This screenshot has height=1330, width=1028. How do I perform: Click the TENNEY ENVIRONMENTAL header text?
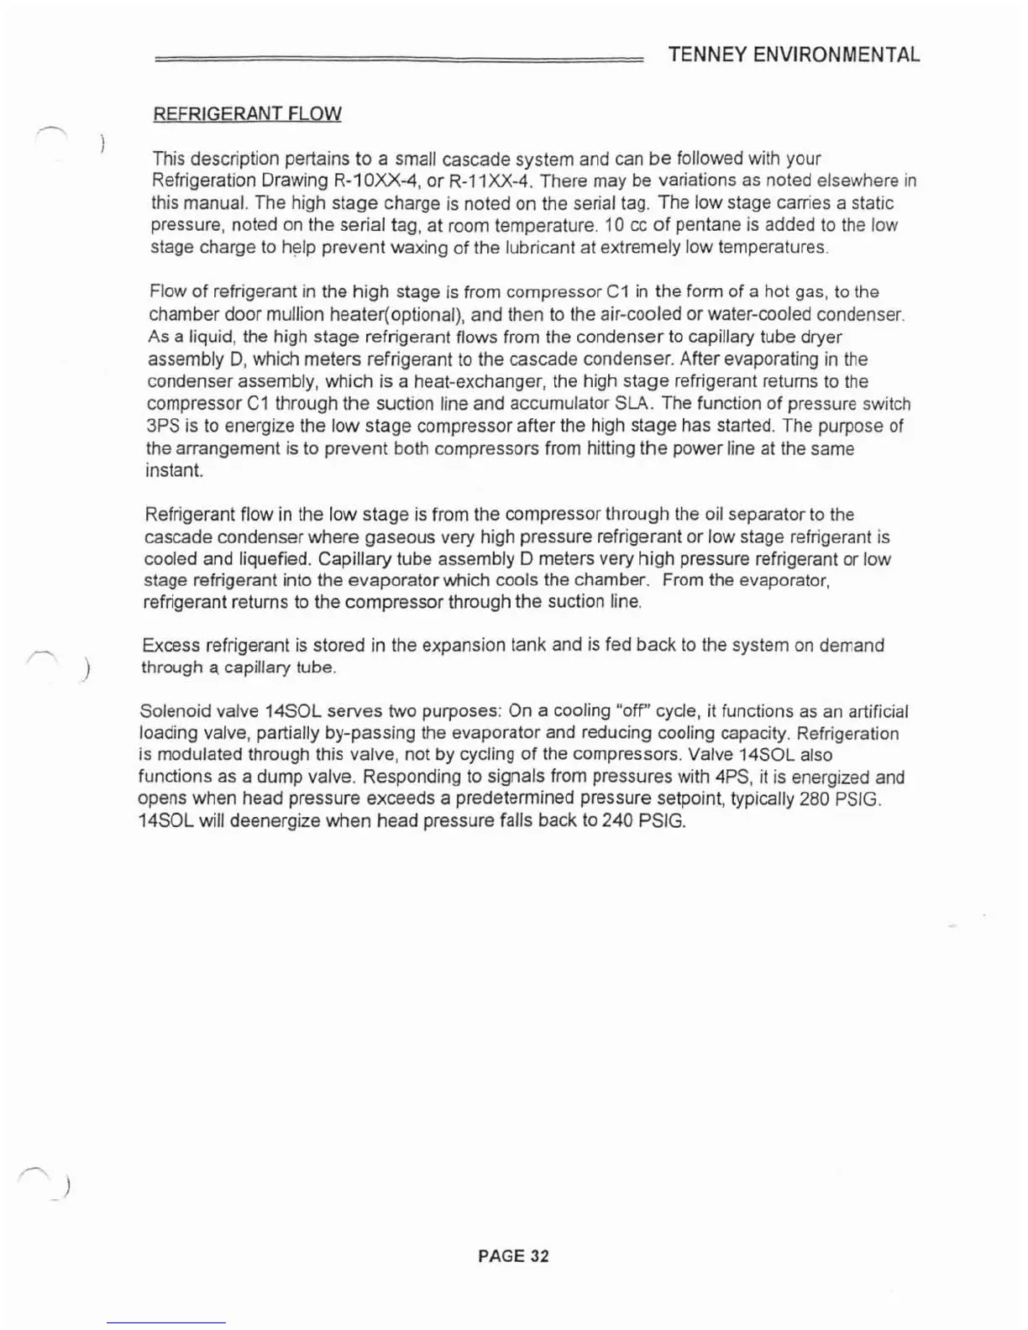[x=794, y=55]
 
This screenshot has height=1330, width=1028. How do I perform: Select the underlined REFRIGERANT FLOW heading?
[x=247, y=114]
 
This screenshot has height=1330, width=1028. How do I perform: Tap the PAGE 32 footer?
[x=513, y=1256]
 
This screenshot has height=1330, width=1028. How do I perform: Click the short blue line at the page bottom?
[x=165, y=1323]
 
